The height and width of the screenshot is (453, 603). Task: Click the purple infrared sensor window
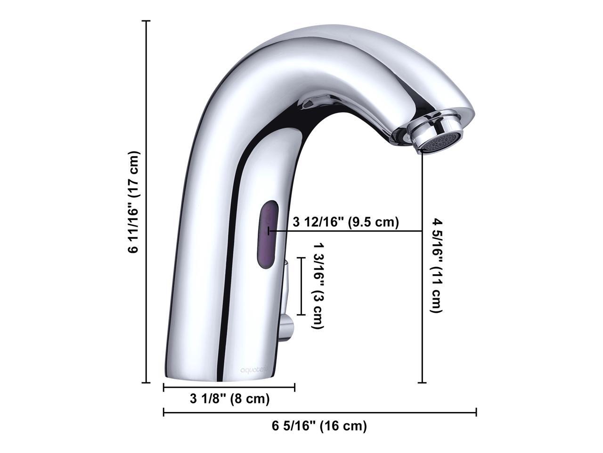[x=268, y=234]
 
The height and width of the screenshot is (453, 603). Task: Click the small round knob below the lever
[x=285, y=327]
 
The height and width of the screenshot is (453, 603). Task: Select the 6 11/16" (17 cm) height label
[x=134, y=202]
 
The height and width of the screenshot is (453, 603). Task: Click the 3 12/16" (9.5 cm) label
[x=346, y=222]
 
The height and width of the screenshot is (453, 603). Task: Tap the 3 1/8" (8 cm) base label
[x=229, y=399]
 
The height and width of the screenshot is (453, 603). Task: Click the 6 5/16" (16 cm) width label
[x=319, y=426]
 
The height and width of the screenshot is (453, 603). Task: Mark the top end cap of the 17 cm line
[x=147, y=21]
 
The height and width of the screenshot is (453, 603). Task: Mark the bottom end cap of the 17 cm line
[x=147, y=383]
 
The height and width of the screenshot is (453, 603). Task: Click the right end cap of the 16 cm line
[x=476, y=412]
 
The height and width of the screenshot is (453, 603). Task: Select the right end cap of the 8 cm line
[x=294, y=387]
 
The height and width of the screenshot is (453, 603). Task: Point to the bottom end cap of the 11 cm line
[x=423, y=383]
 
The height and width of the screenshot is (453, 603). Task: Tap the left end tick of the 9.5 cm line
[x=269, y=231]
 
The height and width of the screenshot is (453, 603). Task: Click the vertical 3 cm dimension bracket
[x=301, y=286]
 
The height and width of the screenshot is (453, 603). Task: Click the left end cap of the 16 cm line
[x=163, y=412]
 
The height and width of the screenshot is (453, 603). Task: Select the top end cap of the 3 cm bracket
[x=301, y=258]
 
